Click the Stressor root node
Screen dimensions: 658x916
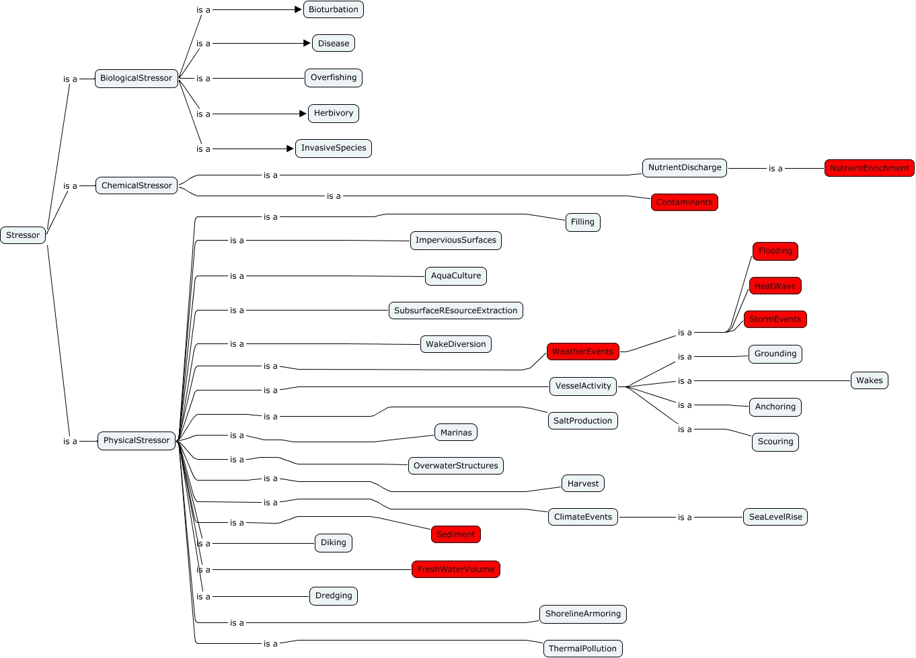coord(23,235)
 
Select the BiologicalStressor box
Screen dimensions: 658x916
coord(136,78)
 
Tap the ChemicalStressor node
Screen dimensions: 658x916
coord(137,186)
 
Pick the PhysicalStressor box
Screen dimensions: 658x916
coord(137,440)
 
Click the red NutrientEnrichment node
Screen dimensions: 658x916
coord(869,168)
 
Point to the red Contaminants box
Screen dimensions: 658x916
coord(684,202)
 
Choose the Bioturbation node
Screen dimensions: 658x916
coord(333,9)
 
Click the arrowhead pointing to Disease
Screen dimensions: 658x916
coord(307,43)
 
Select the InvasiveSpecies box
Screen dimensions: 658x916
coord(334,148)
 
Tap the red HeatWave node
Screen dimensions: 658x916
coord(775,286)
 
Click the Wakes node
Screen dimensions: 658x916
coord(869,380)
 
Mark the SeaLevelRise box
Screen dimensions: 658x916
coord(775,517)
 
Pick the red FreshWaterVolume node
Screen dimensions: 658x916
coord(455,569)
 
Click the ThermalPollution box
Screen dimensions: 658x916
coord(582,649)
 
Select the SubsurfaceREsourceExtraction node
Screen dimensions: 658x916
coord(455,311)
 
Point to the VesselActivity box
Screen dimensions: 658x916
coord(583,386)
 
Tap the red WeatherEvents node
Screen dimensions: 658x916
coord(582,352)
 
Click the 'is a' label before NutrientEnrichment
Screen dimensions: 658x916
coord(775,169)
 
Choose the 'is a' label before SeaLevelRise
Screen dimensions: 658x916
coord(685,518)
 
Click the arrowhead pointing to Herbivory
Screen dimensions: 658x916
coord(303,114)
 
